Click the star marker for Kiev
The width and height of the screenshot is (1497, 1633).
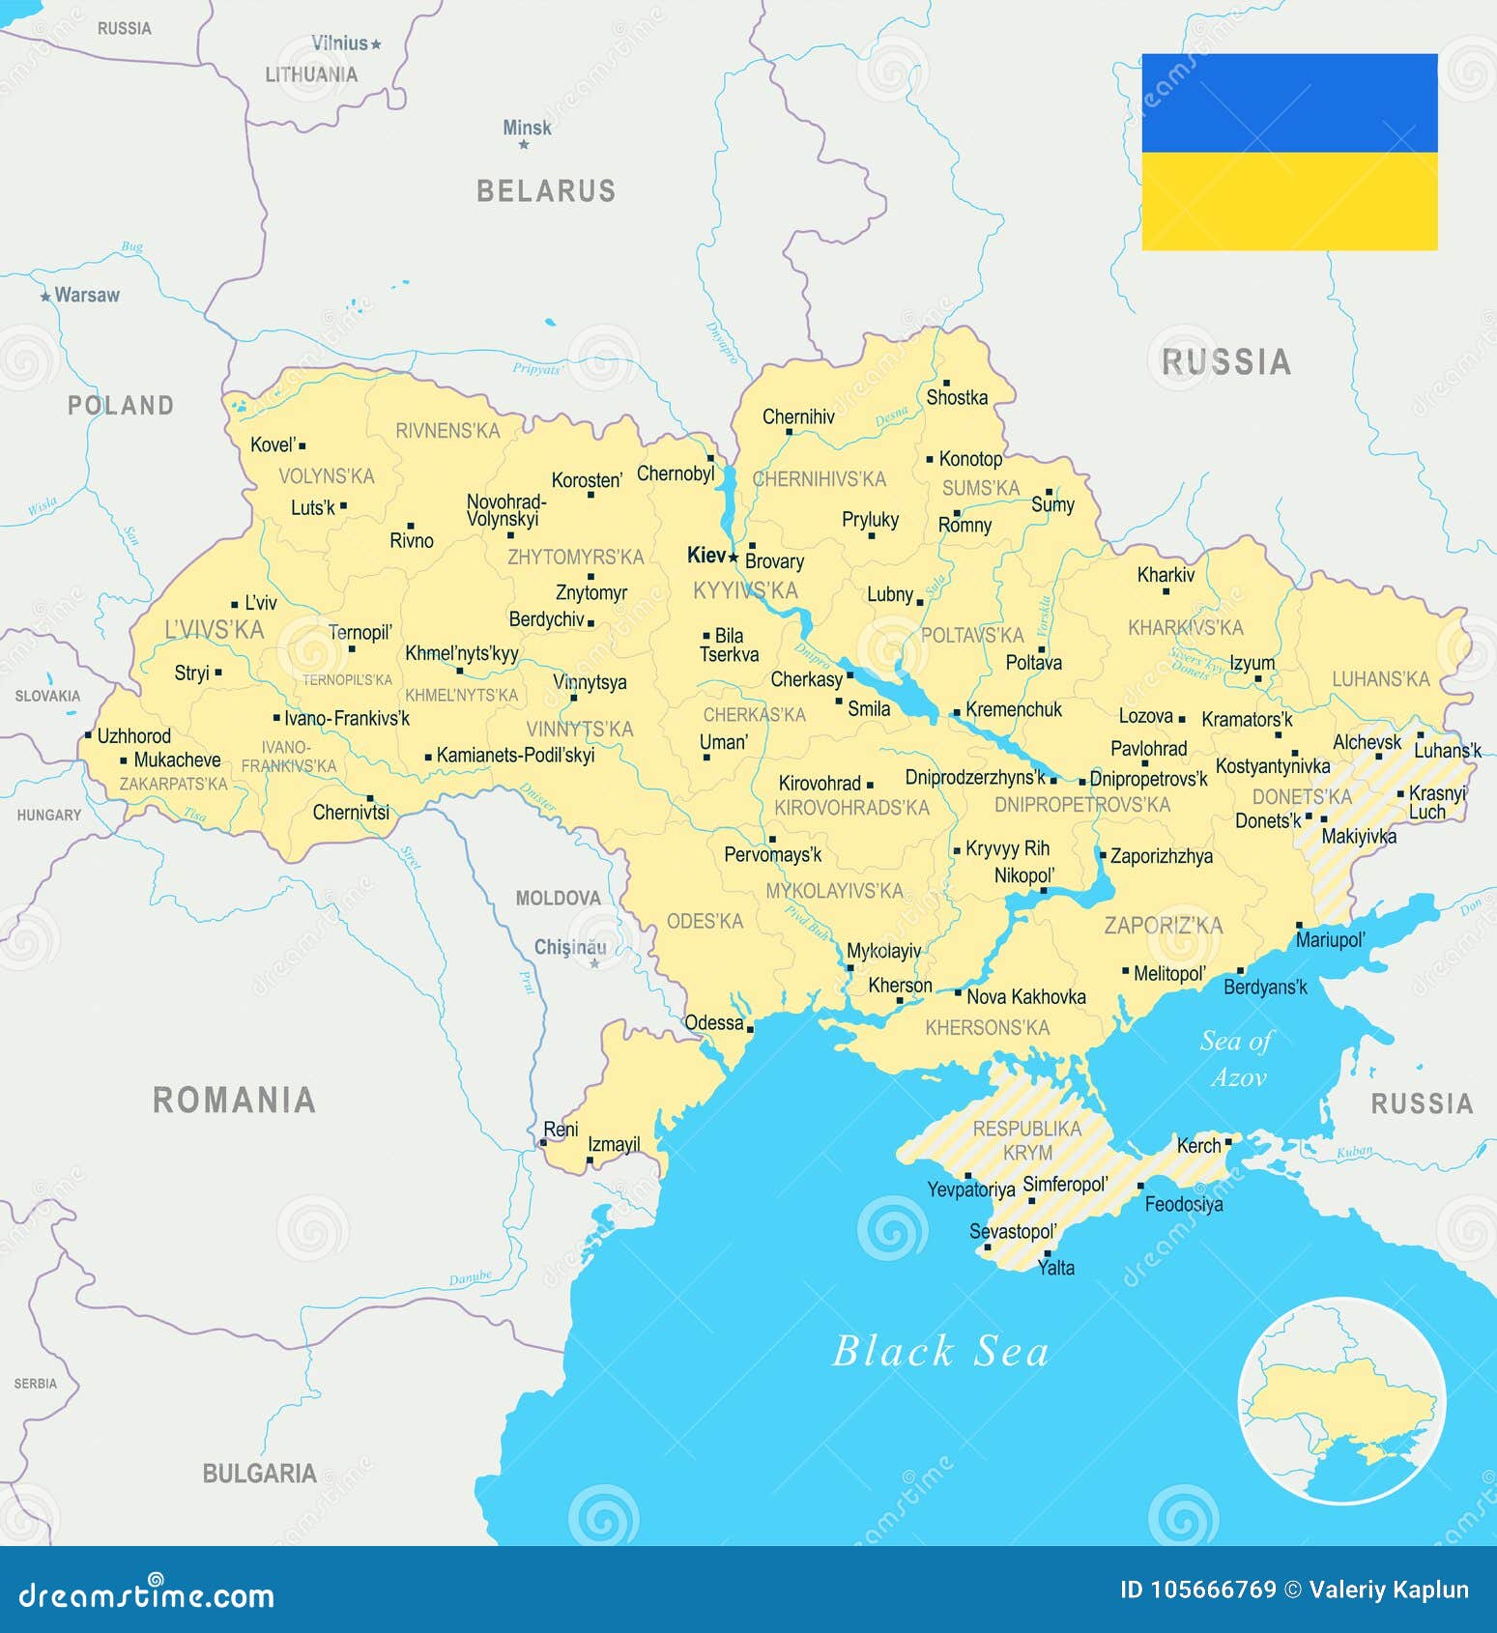734,557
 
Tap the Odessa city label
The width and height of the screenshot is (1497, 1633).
713,1022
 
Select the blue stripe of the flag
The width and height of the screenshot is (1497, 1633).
1289,102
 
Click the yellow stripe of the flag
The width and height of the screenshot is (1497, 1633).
1289,201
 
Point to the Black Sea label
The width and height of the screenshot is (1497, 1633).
940,1351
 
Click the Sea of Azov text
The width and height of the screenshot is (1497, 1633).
1237,1059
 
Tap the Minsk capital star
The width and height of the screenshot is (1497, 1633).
524,145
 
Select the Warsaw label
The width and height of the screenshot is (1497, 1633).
87,295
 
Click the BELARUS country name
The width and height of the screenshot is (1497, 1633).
546,190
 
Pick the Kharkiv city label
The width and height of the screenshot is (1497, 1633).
1166,575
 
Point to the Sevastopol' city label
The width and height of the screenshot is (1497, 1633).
1013,1232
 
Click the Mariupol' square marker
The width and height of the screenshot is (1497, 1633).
1299,925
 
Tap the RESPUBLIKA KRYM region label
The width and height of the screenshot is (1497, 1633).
1026,1140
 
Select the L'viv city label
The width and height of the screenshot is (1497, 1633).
260,603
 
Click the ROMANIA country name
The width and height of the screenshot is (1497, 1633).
235,1100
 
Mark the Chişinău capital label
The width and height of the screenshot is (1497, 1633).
570,947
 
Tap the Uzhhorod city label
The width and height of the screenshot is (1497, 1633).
133,735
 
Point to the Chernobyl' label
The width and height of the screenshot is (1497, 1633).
676,473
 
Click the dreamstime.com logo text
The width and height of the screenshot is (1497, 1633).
147,1594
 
